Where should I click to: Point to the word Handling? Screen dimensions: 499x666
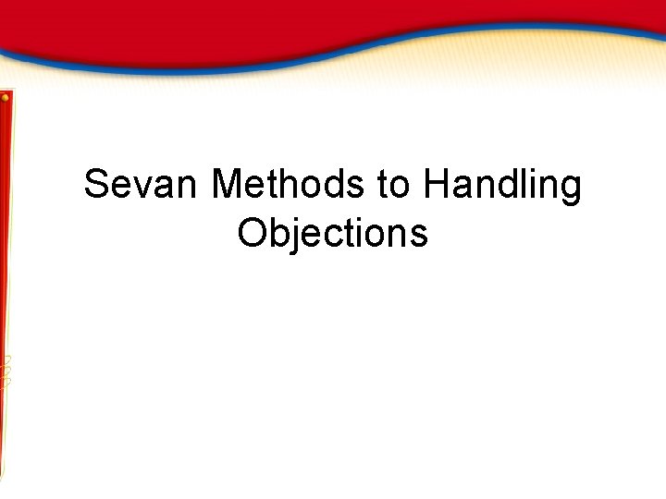point(502,185)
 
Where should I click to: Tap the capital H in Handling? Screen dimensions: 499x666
point(436,185)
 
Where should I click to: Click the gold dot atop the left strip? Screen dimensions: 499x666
point(6,96)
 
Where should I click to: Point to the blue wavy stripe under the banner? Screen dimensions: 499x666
point(277,63)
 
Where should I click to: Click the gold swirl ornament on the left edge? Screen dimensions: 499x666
point(6,370)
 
